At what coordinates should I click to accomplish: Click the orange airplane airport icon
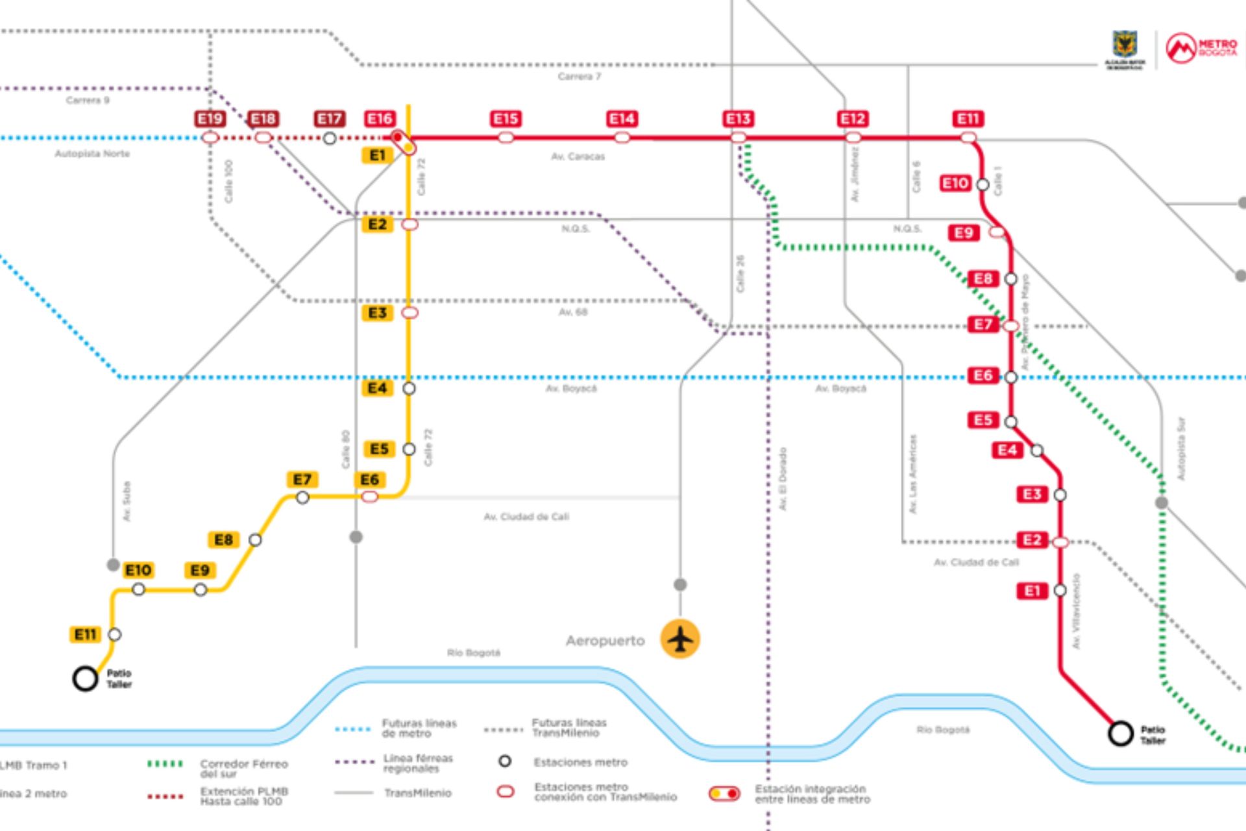680,639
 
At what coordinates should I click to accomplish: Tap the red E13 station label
738,119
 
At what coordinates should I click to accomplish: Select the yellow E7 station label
302,480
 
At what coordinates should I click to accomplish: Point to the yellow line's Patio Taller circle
85,678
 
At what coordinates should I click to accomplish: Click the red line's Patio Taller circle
1120,734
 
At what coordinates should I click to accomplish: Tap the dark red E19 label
210,119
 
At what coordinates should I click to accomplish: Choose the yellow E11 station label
85,634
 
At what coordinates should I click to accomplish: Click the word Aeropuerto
605,641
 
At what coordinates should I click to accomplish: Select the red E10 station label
955,184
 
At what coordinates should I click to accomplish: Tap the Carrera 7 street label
579,77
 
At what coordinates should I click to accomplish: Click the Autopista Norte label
92,154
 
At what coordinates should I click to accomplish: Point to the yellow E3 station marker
409,313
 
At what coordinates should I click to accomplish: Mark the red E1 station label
1032,591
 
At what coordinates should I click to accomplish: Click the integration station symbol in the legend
724,793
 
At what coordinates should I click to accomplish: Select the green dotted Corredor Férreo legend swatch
165,764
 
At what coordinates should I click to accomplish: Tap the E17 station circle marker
330,138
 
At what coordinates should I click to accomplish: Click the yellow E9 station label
200,571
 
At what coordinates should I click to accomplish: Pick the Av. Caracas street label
578,156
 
